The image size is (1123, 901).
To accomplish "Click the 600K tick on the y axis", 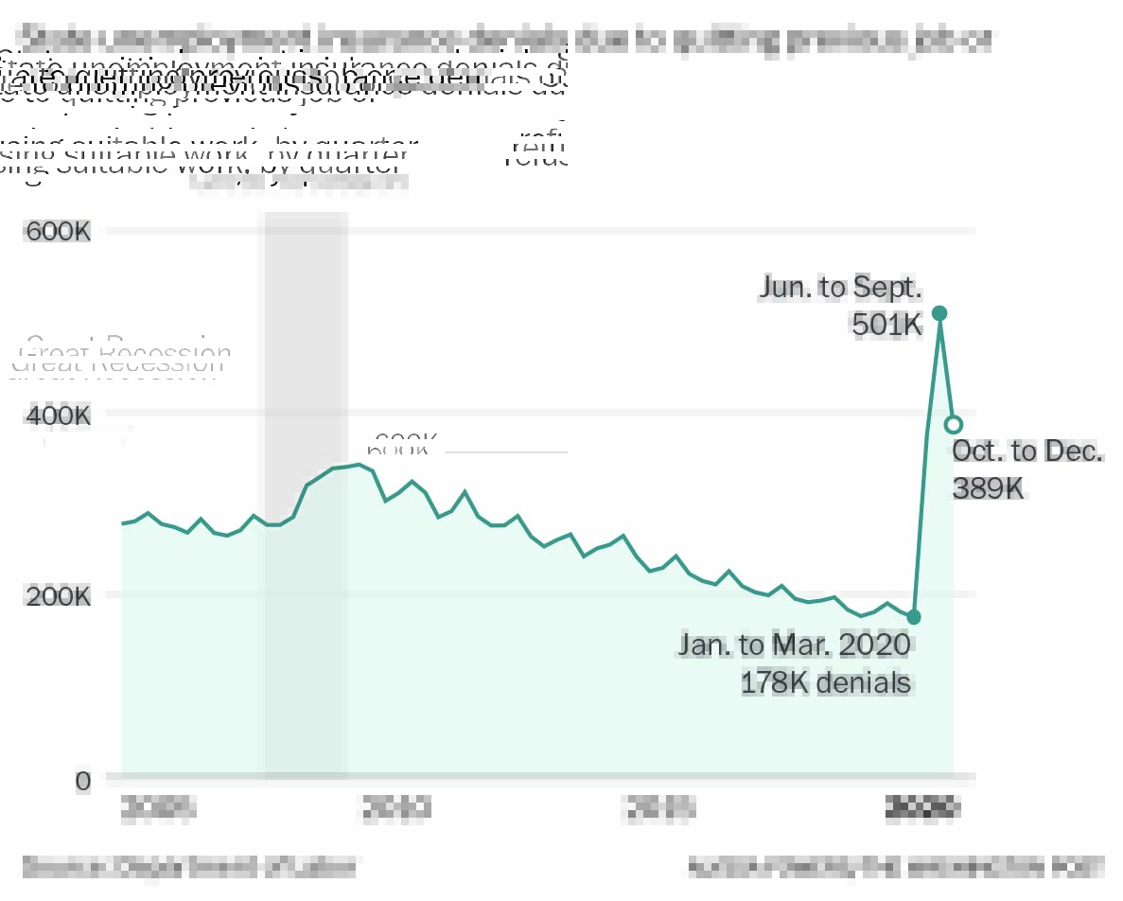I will point(58,231).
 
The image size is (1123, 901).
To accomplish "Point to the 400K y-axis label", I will point(58,415).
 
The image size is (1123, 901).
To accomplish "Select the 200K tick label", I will point(58,596).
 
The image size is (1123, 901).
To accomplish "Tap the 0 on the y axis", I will point(83,781).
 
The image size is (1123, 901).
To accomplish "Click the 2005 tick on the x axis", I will point(159,808).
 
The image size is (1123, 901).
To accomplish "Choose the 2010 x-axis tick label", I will point(397,808).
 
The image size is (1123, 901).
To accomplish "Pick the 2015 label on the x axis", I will point(661,808).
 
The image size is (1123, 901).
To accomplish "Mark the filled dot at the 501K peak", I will point(939,313).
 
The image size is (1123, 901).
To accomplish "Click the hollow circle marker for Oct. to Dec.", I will point(954,424).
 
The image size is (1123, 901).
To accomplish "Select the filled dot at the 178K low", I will point(914,617).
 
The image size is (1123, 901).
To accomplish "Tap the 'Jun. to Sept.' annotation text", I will point(840,288).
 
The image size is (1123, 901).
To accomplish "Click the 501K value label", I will point(886,325).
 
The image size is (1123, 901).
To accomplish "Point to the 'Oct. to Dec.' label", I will point(1027,451).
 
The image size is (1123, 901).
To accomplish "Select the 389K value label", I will point(989,488).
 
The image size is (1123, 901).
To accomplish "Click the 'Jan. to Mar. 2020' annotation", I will point(794,645).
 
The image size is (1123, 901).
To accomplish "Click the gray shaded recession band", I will point(306,615).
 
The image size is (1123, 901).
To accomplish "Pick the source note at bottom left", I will point(189,865).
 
